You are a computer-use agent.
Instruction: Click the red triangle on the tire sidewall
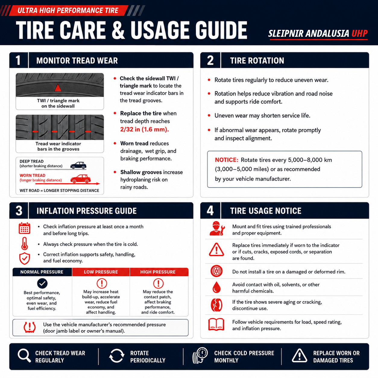click(x=58, y=88)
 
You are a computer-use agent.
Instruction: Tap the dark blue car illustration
click(x=78, y=165)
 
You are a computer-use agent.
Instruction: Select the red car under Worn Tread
click(x=80, y=179)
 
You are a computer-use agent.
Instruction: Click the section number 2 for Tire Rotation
click(x=210, y=60)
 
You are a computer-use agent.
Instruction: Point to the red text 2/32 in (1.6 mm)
click(x=144, y=129)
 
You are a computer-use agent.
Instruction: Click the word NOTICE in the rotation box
click(x=226, y=160)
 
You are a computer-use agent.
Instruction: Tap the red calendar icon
click(x=24, y=228)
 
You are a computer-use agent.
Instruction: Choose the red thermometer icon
click(x=24, y=244)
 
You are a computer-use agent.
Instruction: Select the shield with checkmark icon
click(x=24, y=259)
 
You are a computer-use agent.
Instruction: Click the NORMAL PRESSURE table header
click(x=42, y=272)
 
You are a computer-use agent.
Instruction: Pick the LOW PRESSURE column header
click(x=101, y=272)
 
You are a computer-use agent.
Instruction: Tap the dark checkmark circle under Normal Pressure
click(x=42, y=283)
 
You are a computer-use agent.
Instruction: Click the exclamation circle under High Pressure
click(x=158, y=283)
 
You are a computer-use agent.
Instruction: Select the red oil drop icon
click(x=216, y=287)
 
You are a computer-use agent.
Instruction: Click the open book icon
click(x=216, y=324)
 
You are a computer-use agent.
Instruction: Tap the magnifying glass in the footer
click(x=24, y=355)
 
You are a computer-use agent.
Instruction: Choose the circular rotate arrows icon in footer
click(x=117, y=356)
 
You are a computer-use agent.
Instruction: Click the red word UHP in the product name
click(x=359, y=33)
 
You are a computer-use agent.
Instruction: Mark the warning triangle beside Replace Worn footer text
click(x=299, y=355)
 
